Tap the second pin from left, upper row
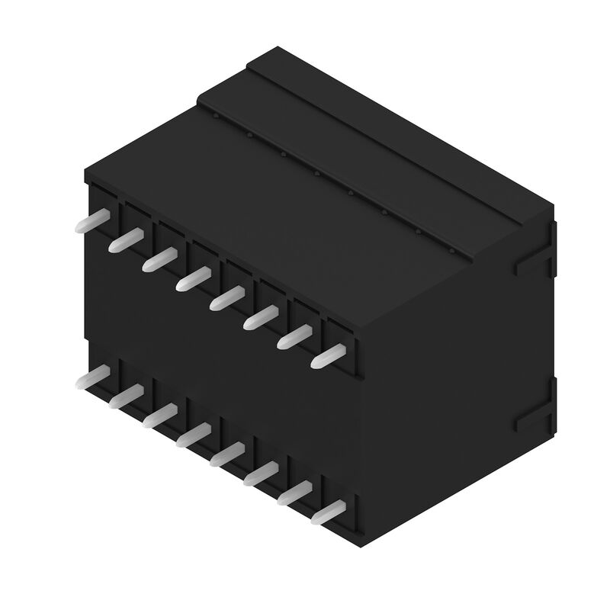point(125,240)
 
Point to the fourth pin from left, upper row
point(191,278)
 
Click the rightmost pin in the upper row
point(327,355)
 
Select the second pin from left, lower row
point(125,396)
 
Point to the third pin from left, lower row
point(158,415)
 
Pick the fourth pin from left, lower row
point(191,435)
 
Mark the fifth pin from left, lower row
point(226,454)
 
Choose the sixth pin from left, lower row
point(259,474)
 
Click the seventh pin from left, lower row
point(293,493)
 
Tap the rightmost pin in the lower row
point(327,512)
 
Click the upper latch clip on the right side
point(534,259)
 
